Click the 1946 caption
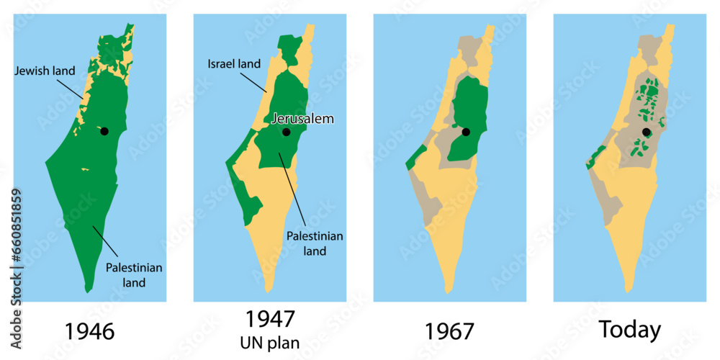click(90, 331)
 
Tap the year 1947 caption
click(270, 319)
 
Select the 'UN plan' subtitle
click(270, 342)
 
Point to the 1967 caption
click(450, 331)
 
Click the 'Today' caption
click(630, 330)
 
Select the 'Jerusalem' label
click(302, 119)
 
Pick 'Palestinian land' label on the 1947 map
click(315, 243)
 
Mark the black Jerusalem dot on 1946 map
click(104, 131)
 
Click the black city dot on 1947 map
click(286, 132)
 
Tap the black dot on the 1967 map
click(466, 132)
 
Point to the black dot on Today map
click(646, 132)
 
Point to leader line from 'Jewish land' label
click(71, 88)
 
